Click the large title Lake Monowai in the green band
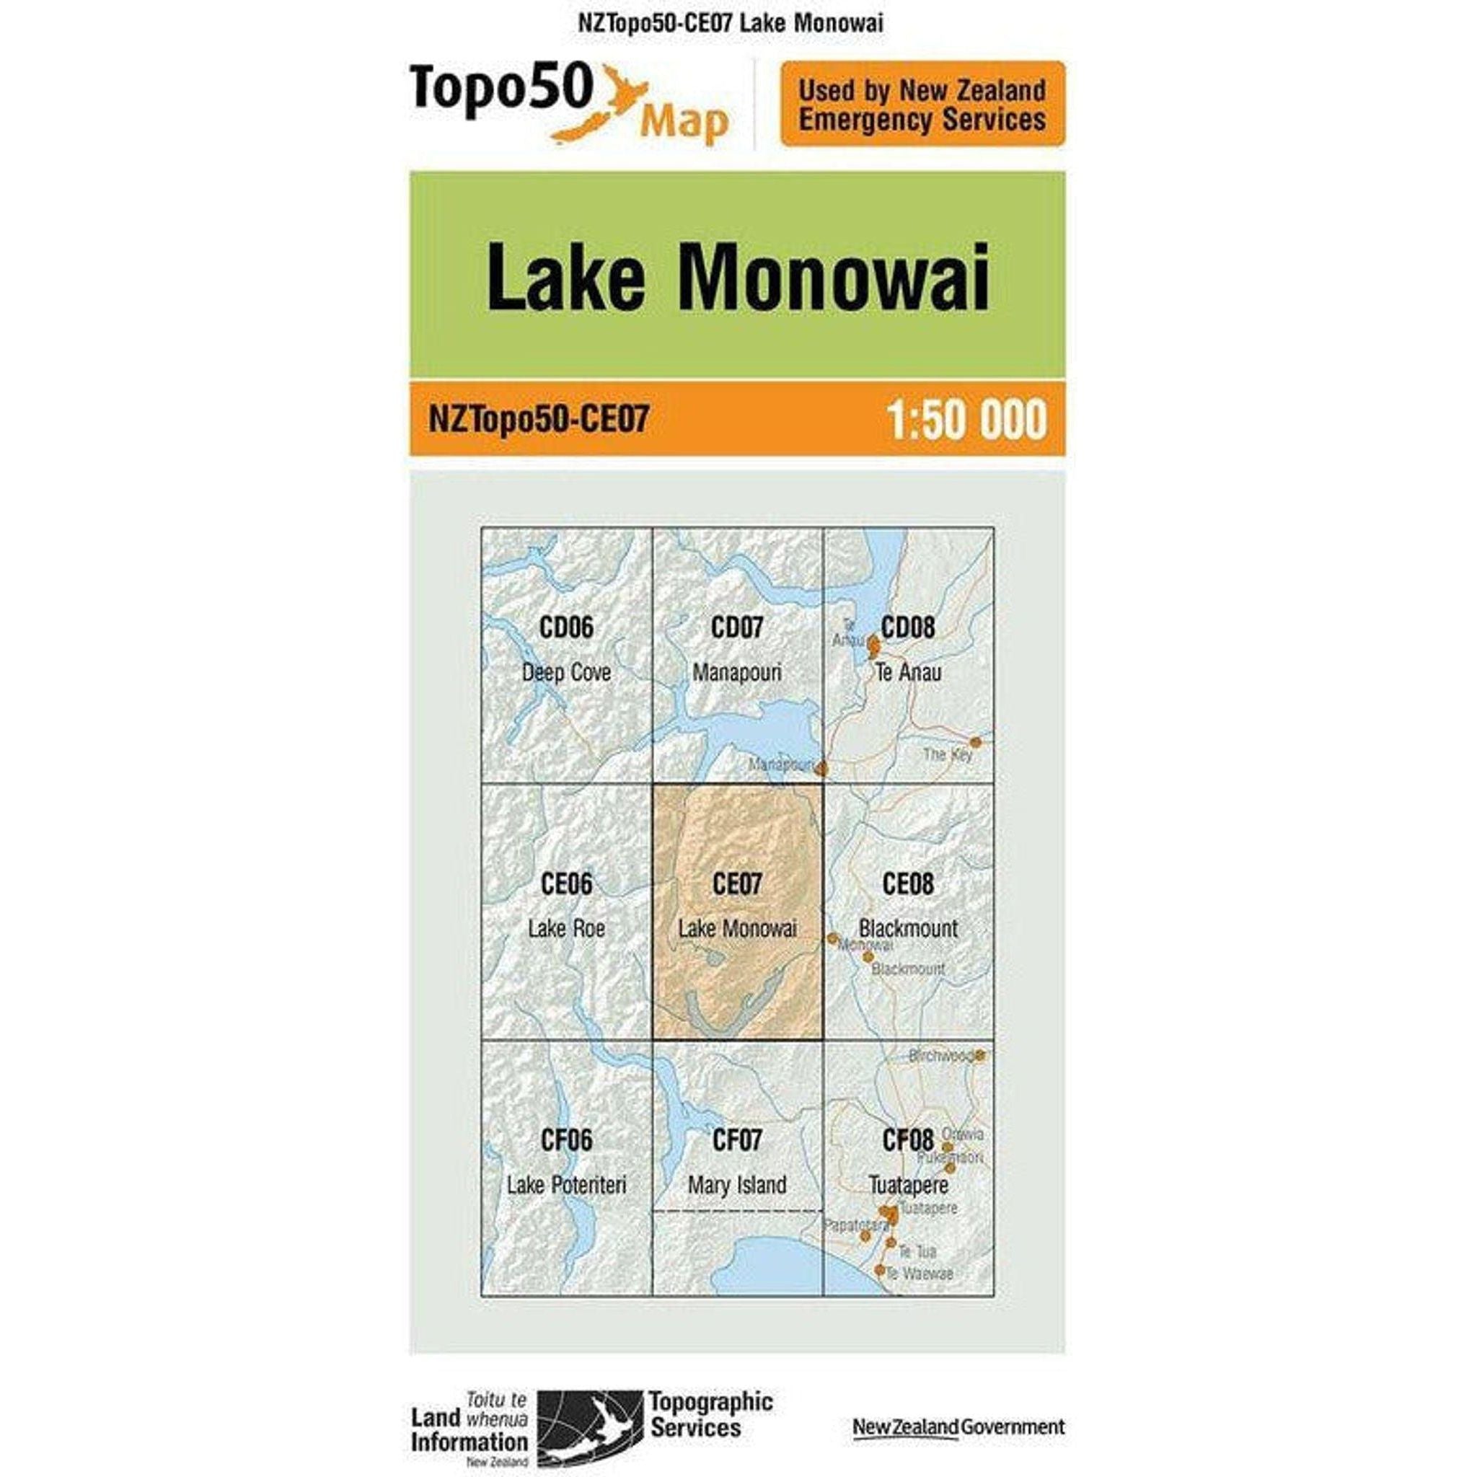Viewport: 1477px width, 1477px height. [738, 277]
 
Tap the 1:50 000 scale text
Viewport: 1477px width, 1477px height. [966, 420]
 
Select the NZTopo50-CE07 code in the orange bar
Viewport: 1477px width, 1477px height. [539, 420]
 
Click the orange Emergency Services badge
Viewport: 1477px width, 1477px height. [922, 104]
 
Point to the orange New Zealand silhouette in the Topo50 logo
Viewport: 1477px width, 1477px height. [604, 107]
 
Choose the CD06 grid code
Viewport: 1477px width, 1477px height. [565, 627]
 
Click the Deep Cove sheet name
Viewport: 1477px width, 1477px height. [565, 673]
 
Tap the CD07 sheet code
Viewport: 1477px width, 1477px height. [737, 627]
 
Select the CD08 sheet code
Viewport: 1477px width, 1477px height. [908, 627]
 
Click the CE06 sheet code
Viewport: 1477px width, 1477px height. [565, 883]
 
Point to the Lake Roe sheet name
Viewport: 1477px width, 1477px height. [565, 929]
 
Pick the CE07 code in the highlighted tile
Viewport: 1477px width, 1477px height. [737, 883]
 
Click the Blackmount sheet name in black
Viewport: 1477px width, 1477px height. [908, 929]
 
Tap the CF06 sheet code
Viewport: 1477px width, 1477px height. [565, 1140]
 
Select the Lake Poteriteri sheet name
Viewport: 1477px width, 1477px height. [565, 1185]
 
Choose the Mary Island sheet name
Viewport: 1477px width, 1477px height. [737, 1185]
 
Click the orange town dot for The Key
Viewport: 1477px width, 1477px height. [976, 742]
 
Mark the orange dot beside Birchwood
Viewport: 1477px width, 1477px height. [981, 1056]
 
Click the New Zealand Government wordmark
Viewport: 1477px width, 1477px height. [958, 1405]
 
